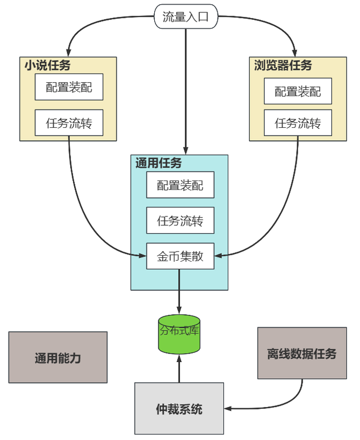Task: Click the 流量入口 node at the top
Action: [185, 17]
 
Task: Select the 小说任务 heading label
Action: [47, 66]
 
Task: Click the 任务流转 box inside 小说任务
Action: [69, 123]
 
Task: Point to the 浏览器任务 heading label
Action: [283, 66]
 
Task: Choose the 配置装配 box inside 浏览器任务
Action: [298, 91]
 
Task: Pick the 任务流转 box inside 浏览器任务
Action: [298, 123]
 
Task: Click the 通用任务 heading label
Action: [159, 163]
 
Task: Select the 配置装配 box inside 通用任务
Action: [180, 185]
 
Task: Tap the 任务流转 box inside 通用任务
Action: [180, 220]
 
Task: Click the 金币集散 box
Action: [180, 256]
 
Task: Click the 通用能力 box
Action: [58, 357]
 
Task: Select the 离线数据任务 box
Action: [301, 354]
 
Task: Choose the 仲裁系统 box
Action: [179, 409]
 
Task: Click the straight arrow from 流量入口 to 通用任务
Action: [185, 91]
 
